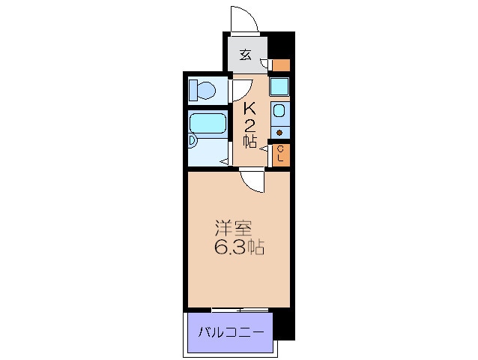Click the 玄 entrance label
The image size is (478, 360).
point(246,55)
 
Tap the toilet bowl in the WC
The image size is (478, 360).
point(206,91)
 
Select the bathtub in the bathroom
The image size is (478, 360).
point(208,123)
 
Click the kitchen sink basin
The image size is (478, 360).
point(279,110)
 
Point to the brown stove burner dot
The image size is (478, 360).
point(279,133)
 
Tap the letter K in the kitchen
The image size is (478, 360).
point(249,108)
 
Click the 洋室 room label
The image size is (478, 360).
point(233,228)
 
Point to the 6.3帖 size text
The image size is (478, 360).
point(239,247)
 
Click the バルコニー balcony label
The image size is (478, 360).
point(231,332)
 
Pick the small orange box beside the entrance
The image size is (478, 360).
point(281,65)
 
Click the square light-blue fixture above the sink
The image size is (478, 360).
point(279,87)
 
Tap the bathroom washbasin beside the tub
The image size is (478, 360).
point(193,141)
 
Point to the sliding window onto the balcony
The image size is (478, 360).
point(240,310)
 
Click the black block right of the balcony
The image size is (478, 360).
point(284,325)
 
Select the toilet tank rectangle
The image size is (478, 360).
point(193,90)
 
